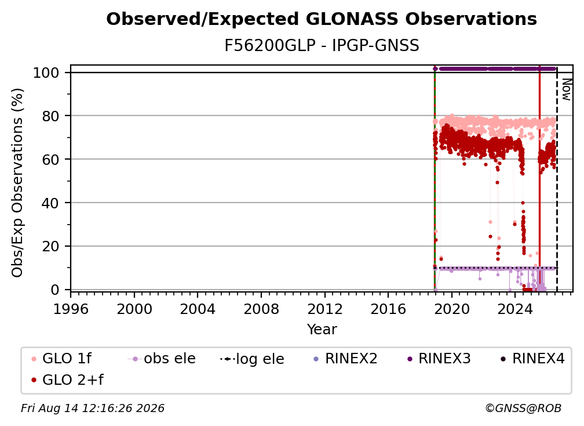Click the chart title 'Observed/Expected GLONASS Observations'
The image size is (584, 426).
click(x=322, y=19)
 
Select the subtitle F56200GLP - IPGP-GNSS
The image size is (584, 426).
click(x=322, y=45)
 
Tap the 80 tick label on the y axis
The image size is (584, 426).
click(x=50, y=116)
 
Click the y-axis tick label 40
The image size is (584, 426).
click(x=50, y=203)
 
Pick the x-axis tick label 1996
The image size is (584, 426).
click(x=71, y=309)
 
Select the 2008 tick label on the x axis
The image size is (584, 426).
click(x=261, y=309)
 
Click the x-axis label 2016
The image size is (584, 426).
click(x=388, y=309)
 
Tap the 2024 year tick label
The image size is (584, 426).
click(x=515, y=309)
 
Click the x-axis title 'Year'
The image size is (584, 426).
click(x=322, y=330)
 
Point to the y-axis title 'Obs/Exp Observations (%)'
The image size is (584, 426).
click(x=17, y=183)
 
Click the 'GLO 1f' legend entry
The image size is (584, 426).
click(x=61, y=359)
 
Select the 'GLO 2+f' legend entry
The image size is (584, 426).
click(x=67, y=380)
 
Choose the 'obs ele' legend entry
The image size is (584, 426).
click(x=162, y=359)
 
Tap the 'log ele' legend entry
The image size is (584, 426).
click(x=252, y=359)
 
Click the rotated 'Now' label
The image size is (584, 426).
click(x=566, y=89)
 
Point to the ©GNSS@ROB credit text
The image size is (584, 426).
click(x=523, y=409)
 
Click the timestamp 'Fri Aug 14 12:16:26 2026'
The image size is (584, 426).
click(x=92, y=409)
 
